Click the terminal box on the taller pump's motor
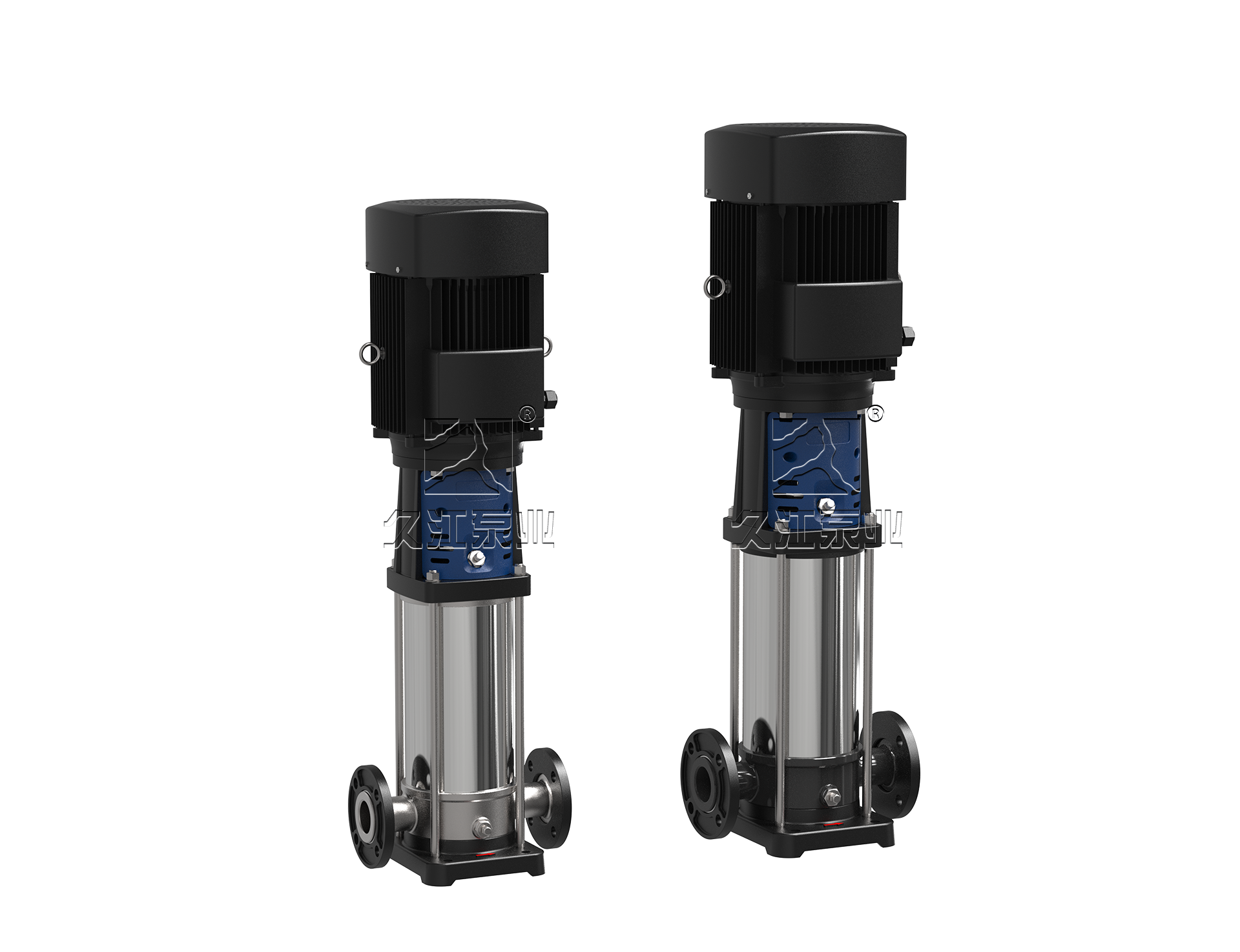coord(847,320)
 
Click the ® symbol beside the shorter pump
coord(528,416)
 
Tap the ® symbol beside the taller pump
coord(875,414)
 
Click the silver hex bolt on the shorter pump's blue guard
coord(477,540)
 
